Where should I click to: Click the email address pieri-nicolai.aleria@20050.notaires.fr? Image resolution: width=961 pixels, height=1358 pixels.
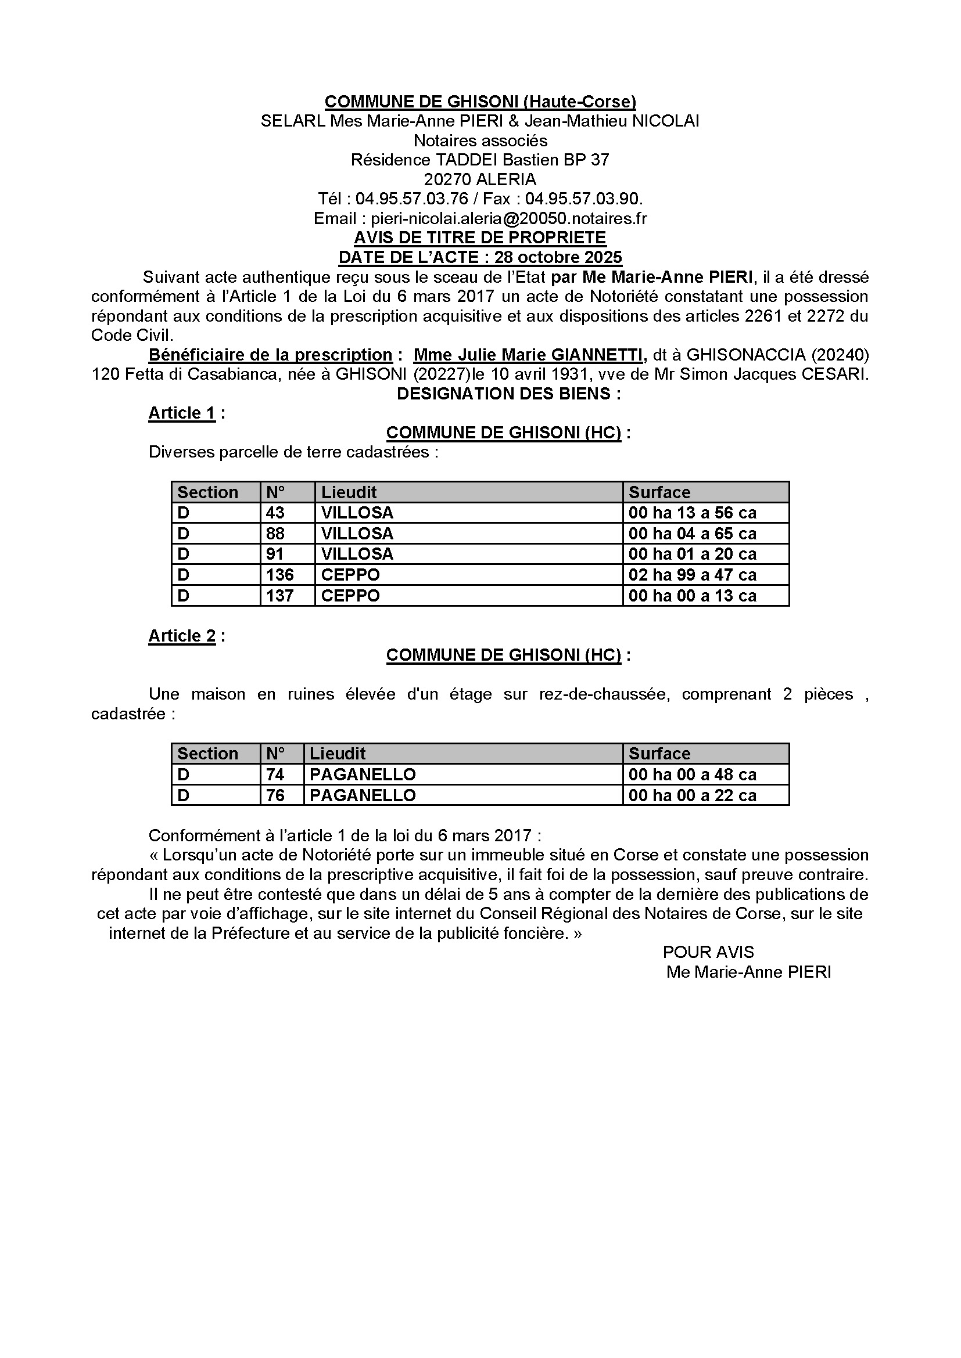click(x=509, y=218)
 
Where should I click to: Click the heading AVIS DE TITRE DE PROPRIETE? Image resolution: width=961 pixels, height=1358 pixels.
click(x=480, y=238)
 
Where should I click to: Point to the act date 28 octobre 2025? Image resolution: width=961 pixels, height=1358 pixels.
click(x=558, y=257)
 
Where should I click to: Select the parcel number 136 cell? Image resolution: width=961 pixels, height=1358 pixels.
click(x=280, y=575)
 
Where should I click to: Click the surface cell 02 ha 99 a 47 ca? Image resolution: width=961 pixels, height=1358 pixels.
click(x=693, y=575)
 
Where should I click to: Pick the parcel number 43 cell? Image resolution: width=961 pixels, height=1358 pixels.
click(x=275, y=513)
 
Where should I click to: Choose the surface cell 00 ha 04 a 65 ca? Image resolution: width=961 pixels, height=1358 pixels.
click(x=693, y=534)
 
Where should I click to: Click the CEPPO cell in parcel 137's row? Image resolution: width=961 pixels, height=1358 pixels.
click(x=350, y=596)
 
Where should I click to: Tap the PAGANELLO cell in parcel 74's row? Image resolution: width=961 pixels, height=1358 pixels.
click(x=363, y=775)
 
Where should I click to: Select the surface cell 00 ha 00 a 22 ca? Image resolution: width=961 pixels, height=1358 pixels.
click(x=693, y=795)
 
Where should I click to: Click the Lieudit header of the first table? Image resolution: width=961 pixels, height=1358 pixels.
click(x=349, y=492)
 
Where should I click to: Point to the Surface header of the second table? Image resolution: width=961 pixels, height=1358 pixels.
click(x=659, y=754)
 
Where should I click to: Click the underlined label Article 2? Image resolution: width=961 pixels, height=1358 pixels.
click(x=182, y=636)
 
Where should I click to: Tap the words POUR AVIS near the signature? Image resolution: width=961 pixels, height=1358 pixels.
click(x=708, y=952)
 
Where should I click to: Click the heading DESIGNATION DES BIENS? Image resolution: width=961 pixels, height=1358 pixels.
click(x=508, y=394)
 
